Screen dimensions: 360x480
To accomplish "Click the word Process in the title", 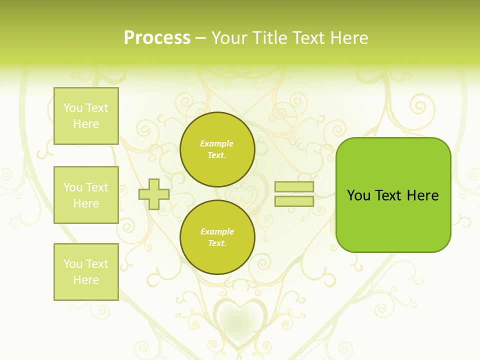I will coord(157,38).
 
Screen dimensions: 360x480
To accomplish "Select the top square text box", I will coord(86,116).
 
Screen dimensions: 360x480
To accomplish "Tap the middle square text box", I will coord(86,195).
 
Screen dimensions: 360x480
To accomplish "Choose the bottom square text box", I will coord(86,272).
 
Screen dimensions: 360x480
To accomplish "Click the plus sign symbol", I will coord(154,194).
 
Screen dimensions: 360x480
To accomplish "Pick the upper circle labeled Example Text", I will coord(217,149).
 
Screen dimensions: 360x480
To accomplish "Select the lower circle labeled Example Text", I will coord(217,237).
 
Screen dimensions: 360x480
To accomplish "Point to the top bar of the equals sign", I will coord(294,187).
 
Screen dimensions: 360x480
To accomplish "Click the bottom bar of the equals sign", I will coord(294,201).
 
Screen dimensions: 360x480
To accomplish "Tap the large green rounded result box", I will coord(393,195).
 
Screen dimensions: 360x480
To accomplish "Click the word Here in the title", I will coord(349,38).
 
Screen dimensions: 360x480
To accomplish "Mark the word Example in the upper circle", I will coord(217,143).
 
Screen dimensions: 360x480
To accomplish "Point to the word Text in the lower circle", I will coord(217,243).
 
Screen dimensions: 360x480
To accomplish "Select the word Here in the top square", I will coord(86,124).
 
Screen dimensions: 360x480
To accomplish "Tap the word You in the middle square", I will coord(72,187).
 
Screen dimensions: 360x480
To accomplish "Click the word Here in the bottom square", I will coord(86,280).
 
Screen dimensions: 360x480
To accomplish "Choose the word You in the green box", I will coord(358,195).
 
